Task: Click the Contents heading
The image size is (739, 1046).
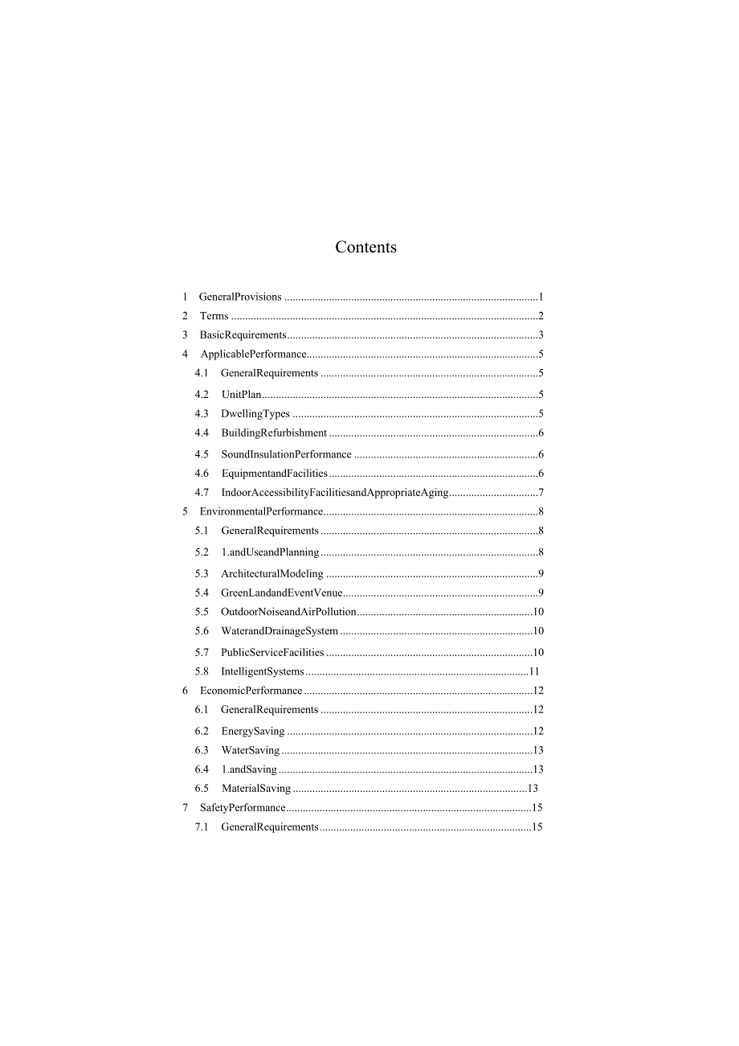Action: [x=365, y=248]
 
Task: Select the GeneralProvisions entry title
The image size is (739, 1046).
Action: [x=240, y=297]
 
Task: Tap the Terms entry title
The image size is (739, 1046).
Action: [x=214, y=316]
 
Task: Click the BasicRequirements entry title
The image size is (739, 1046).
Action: [x=243, y=335]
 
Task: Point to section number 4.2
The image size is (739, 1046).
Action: [x=202, y=395]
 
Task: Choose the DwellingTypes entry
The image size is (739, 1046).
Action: [x=255, y=414]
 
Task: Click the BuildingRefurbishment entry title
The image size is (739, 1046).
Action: [x=274, y=433]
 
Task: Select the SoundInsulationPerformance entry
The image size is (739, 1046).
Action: [x=286, y=454]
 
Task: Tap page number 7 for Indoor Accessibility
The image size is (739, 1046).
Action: [x=541, y=493]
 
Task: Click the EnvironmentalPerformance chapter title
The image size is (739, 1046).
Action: [x=261, y=511]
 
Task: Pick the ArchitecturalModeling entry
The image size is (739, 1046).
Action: [x=272, y=574]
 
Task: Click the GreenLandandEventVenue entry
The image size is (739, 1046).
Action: [x=282, y=593]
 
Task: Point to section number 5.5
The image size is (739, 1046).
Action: [x=202, y=612]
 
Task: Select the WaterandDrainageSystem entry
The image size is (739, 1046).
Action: [x=280, y=631]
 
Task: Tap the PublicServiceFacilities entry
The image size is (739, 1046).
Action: [x=272, y=653]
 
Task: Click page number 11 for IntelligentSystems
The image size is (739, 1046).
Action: [x=534, y=672]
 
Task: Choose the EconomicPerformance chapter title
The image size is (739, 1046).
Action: [x=251, y=691]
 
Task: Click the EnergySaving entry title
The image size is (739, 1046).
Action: [x=253, y=732]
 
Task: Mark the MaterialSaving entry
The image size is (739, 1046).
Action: [x=256, y=789]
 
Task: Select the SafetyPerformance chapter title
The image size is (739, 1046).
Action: [x=243, y=808]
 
